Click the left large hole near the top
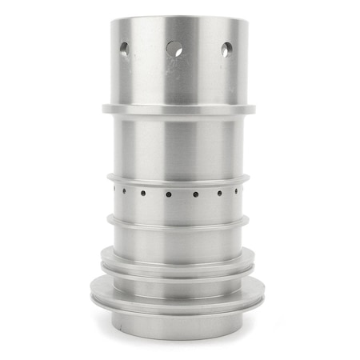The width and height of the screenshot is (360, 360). [124, 49]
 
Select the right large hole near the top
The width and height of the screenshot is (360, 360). [226, 49]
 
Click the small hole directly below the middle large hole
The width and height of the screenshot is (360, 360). [169, 194]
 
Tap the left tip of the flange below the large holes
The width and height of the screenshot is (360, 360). [103, 108]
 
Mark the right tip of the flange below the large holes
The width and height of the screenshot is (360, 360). [254, 108]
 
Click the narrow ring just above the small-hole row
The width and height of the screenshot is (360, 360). [177, 179]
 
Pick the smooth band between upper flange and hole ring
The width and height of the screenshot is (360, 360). [177, 144]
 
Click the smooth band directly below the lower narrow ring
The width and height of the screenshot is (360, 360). [177, 240]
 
